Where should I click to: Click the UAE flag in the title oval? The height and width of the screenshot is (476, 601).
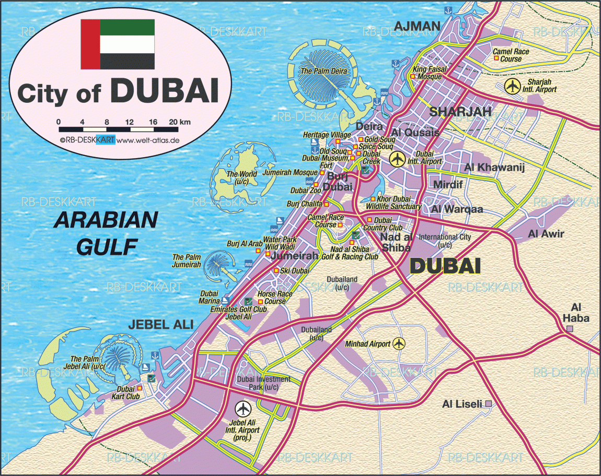point(118,44)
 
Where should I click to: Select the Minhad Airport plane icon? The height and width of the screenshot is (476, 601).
point(399,343)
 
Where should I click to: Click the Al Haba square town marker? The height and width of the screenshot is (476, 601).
point(570,329)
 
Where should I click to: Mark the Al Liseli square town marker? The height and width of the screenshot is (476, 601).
point(489,403)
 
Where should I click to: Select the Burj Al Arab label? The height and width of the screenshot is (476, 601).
point(244,244)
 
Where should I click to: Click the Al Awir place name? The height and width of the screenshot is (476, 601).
point(546,234)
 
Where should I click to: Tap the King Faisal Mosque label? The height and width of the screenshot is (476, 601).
point(427,73)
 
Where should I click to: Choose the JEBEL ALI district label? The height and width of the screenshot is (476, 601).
point(157,325)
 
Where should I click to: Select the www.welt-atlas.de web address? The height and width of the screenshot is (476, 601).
point(148,140)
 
